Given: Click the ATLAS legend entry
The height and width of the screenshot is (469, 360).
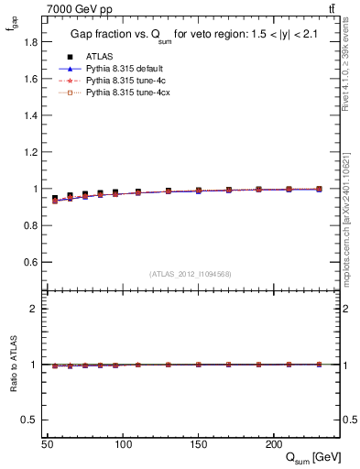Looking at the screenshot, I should tap(98, 56).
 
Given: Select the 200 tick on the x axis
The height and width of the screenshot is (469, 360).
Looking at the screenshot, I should tap(272, 443).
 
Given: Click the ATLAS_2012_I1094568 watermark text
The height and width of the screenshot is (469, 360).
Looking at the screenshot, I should tap(190, 274).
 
